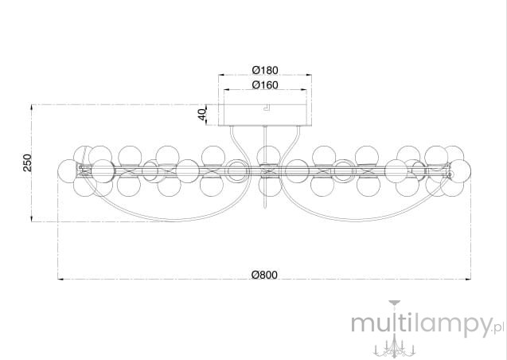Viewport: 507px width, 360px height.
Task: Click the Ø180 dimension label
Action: pyautogui.click(x=265, y=70)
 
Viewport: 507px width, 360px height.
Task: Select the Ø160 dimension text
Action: pyautogui.click(x=265, y=84)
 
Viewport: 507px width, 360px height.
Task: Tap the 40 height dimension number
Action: pyautogui.click(x=202, y=114)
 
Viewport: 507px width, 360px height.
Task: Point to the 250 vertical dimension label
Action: pyautogui.click(x=28, y=162)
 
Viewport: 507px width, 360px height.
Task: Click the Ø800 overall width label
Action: pyautogui.click(x=264, y=275)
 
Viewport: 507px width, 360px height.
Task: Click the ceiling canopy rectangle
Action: pyautogui.click(x=265, y=115)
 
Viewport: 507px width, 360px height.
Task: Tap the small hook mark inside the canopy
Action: pyautogui.click(x=266, y=108)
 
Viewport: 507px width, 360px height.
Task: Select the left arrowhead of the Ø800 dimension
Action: pyautogui.click(x=60, y=279)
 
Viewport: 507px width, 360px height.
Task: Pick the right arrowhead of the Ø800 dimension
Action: pyautogui.click(x=468, y=279)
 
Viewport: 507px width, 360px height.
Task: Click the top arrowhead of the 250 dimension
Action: pyautogui.click(x=32, y=108)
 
